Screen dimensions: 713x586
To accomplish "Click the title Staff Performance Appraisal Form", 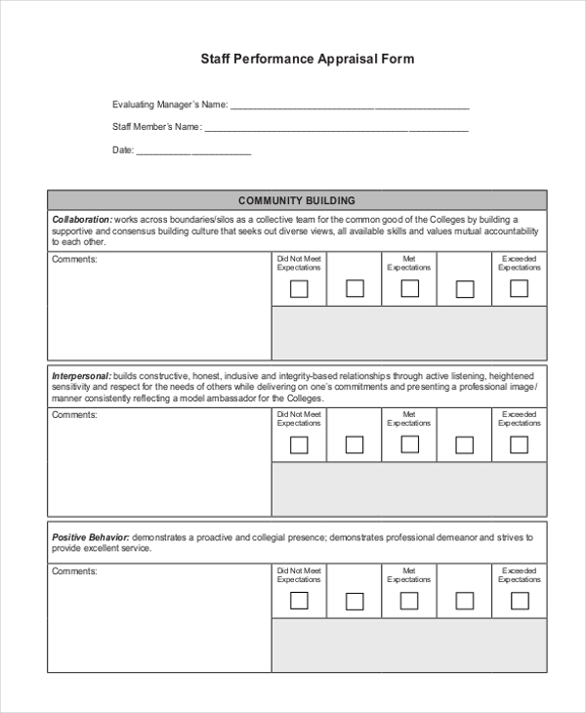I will pyautogui.click(x=308, y=59).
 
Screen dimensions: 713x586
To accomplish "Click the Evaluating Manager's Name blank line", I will pyautogui.click(x=350, y=106).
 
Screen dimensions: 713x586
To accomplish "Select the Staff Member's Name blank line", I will pyautogui.click(x=336, y=129).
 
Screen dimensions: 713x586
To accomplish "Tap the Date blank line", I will pyautogui.click(x=193, y=152).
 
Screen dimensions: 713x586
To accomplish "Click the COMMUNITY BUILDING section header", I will pyautogui.click(x=297, y=200).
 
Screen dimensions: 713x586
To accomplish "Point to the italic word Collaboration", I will pyautogui.click(x=81, y=219).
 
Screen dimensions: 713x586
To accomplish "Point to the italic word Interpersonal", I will pyautogui.click(x=81, y=376).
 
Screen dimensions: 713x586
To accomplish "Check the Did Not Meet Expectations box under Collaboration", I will pyautogui.click(x=299, y=289).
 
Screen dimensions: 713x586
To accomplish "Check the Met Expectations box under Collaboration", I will pyautogui.click(x=409, y=288).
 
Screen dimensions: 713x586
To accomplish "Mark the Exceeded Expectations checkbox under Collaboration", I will pyautogui.click(x=519, y=288).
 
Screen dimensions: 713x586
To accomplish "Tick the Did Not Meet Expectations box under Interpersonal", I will pyautogui.click(x=299, y=445).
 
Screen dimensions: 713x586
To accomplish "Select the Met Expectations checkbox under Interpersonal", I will pyautogui.click(x=409, y=444).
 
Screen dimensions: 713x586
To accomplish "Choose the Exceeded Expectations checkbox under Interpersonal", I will pyautogui.click(x=519, y=444).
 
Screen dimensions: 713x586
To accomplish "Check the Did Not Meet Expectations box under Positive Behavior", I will pyautogui.click(x=299, y=601).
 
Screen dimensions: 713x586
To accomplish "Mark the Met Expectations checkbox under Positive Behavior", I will pyautogui.click(x=409, y=601).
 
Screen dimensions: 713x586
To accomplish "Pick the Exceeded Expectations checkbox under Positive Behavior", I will pyautogui.click(x=519, y=601).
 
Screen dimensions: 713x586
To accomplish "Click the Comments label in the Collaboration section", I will pyautogui.click(x=74, y=259).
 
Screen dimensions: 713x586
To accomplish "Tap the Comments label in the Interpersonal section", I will pyautogui.click(x=74, y=415).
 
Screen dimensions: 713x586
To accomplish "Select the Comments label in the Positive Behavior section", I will pyautogui.click(x=74, y=571).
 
